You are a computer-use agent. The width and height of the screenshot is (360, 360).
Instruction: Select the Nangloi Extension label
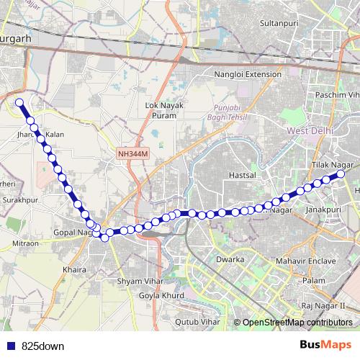click(248, 74)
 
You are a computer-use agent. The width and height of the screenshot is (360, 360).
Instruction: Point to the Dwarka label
click(232, 258)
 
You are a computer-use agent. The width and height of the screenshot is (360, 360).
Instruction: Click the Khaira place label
click(75, 270)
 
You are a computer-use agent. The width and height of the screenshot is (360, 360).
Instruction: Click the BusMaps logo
click(325, 346)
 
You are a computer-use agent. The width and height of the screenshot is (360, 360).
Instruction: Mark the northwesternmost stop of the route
click(19, 102)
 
